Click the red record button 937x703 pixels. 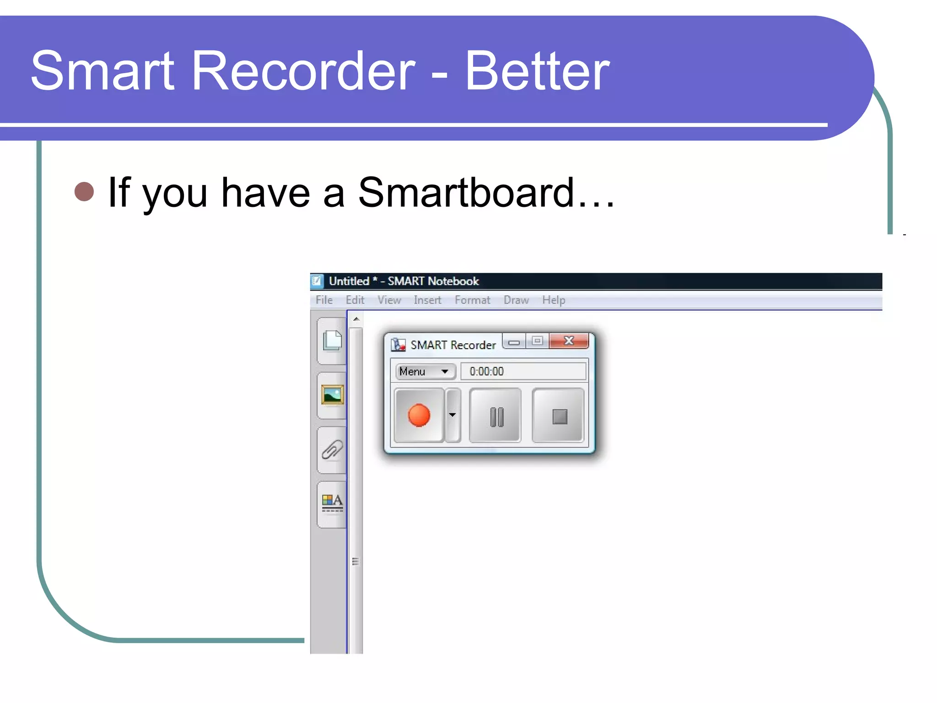point(419,416)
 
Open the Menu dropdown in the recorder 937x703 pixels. point(425,372)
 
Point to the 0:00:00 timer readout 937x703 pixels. point(487,372)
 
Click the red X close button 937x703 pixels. point(569,341)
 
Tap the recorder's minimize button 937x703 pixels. point(514,342)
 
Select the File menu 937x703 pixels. point(324,300)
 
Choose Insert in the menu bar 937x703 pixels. point(427,300)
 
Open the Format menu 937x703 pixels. point(472,300)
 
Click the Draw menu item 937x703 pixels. point(516,300)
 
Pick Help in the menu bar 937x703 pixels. point(554,300)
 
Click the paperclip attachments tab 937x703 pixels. point(332,450)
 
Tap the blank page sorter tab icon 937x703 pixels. point(332,341)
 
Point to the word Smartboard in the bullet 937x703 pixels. point(466,193)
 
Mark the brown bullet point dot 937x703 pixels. point(84,192)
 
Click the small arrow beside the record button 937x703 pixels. point(452,415)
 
